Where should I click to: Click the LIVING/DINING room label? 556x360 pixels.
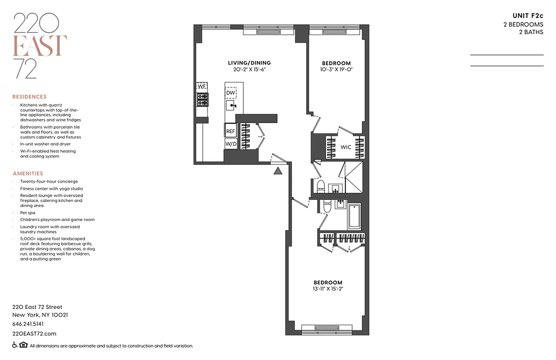click(249, 63)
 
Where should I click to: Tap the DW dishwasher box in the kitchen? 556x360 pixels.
click(231, 93)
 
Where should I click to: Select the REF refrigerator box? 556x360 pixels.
click(230, 131)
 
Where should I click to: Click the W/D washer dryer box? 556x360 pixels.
click(230, 144)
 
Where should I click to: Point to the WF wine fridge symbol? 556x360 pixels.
click(202, 86)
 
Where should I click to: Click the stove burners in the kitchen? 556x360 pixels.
click(202, 99)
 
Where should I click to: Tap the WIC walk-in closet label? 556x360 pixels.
click(345, 147)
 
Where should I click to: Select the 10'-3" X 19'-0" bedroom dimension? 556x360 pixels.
click(336, 70)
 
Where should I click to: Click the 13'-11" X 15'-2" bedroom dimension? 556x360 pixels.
click(328, 289)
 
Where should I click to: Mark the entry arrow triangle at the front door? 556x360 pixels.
click(278, 170)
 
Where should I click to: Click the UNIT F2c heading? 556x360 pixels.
click(528, 16)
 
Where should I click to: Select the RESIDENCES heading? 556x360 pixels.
click(29, 97)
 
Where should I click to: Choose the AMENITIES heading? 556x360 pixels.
click(28, 173)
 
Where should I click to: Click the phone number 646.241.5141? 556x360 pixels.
click(28, 324)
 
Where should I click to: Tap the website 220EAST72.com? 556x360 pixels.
click(34, 333)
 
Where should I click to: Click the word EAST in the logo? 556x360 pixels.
click(40, 45)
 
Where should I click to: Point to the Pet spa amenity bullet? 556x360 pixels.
click(27, 212)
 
